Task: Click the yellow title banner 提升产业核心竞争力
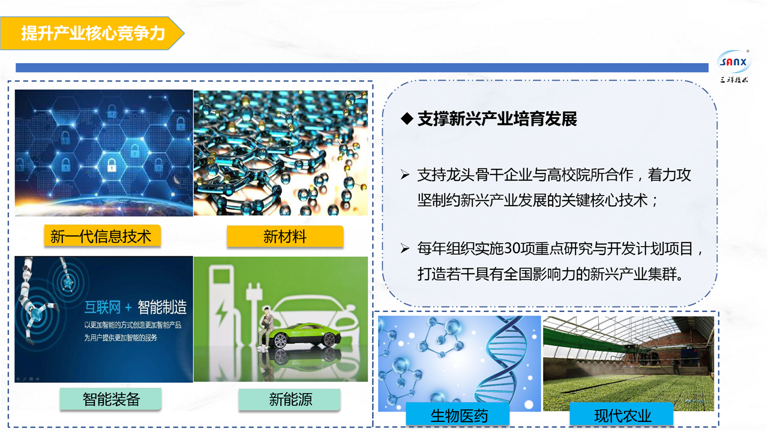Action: [x=92, y=33]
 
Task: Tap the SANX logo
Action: [x=734, y=62]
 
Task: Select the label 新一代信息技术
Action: [x=102, y=236]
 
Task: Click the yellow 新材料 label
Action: [x=285, y=236]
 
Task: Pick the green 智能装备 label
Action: [x=111, y=399]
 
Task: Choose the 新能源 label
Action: [x=290, y=399]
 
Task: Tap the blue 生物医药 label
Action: [x=458, y=415]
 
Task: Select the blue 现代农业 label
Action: [x=622, y=415]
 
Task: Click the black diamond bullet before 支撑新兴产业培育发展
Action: [x=407, y=119]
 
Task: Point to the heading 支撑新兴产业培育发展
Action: [x=497, y=119]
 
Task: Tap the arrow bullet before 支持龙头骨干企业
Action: [x=405, y=175]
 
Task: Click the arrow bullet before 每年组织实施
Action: [x=405, y=248]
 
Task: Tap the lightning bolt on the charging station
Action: [x=221, y=314]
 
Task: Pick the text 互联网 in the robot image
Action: [x=103, y=307]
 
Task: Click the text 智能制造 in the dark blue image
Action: [x=162, y=307]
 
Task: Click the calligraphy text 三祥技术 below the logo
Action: [x=734, y=80]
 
